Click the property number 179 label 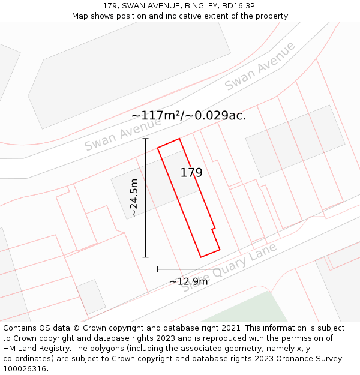click(x=191, y=173)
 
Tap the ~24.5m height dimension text click(x=134, y=197)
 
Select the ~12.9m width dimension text click(x=188, y=281)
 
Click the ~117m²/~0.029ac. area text click(x=188, y=115)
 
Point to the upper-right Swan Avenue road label click(x=260, y=66)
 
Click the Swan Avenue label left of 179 click(x=123, y=134)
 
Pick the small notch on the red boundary click(x=214, y=229)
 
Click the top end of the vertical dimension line click(x=145, y=139)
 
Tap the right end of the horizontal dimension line click(x=220, y=269)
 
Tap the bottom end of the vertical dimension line click(x=145, y=257)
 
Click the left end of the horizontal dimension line click(x=157, y=269)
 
